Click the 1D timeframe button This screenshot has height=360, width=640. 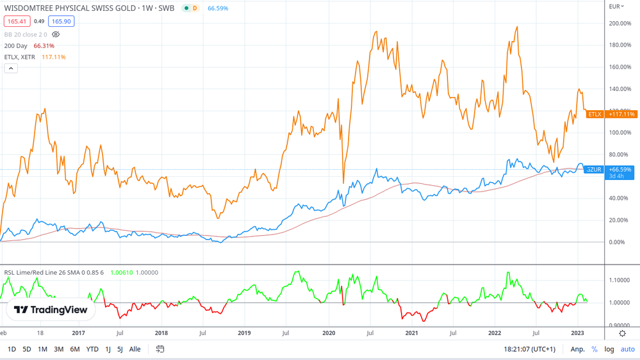pyautogui.click(x=12, y=349)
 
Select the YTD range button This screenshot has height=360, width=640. pyautogui.click(x=92, y=349)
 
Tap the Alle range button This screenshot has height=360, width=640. pyautogui.click(x=135, y=349)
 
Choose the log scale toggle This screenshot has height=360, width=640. pyautogui.click(x=609, y=349)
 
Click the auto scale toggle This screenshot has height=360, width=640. pyautogui.click(x=627, y=349)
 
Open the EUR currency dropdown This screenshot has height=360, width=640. pyautogui.click(x=616, y=6)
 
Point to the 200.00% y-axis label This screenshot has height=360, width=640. pyautogui.click(x=619, y=24)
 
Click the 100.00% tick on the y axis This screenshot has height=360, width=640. pyautogui.click(x=619, y=133)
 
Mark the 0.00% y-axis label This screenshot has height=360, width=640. pyautogui.click(x=617, y=242)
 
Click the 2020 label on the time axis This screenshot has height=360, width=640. pyautogui.click(x=329, y=333)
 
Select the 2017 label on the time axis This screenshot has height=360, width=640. pyautogui.click(x=78, y=333)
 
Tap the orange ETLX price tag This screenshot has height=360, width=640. pyautogui.click(x=595, y=114)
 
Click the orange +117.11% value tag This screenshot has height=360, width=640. pyautogui.click(x=621, y=114)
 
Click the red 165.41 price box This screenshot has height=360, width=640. pyautogui.click(x=17, y=21)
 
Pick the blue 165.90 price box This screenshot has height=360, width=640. pyautogui.click(x=61, y=21)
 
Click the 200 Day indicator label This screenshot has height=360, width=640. pyautogui.click(x=15, y=46)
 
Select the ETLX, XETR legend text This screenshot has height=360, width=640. pyautogui.click(x=20, y=57)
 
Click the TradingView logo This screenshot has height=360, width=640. pyautogui.click(x=51, y=310)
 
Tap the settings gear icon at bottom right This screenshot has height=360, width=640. pyautogui.click(x=622, y=333)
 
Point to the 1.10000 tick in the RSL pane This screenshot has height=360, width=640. pyautogui.click(x=620, y=281)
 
